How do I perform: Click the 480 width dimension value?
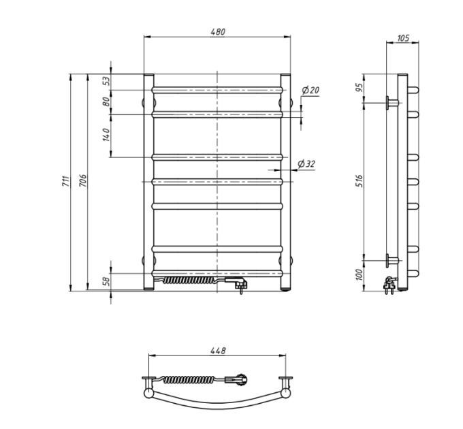coord(218,31)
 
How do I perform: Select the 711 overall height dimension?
coord(65,181)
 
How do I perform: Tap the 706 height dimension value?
coord(83,180)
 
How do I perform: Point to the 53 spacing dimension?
coord(106,81)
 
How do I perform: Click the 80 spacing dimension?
coord(106,101)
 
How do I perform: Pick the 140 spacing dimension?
coord(106,135)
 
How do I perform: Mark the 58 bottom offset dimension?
coord(106,281)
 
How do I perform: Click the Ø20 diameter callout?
coord(310,90)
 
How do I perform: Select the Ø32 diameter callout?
coord(306,163)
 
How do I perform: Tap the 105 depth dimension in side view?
coord(403,38)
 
